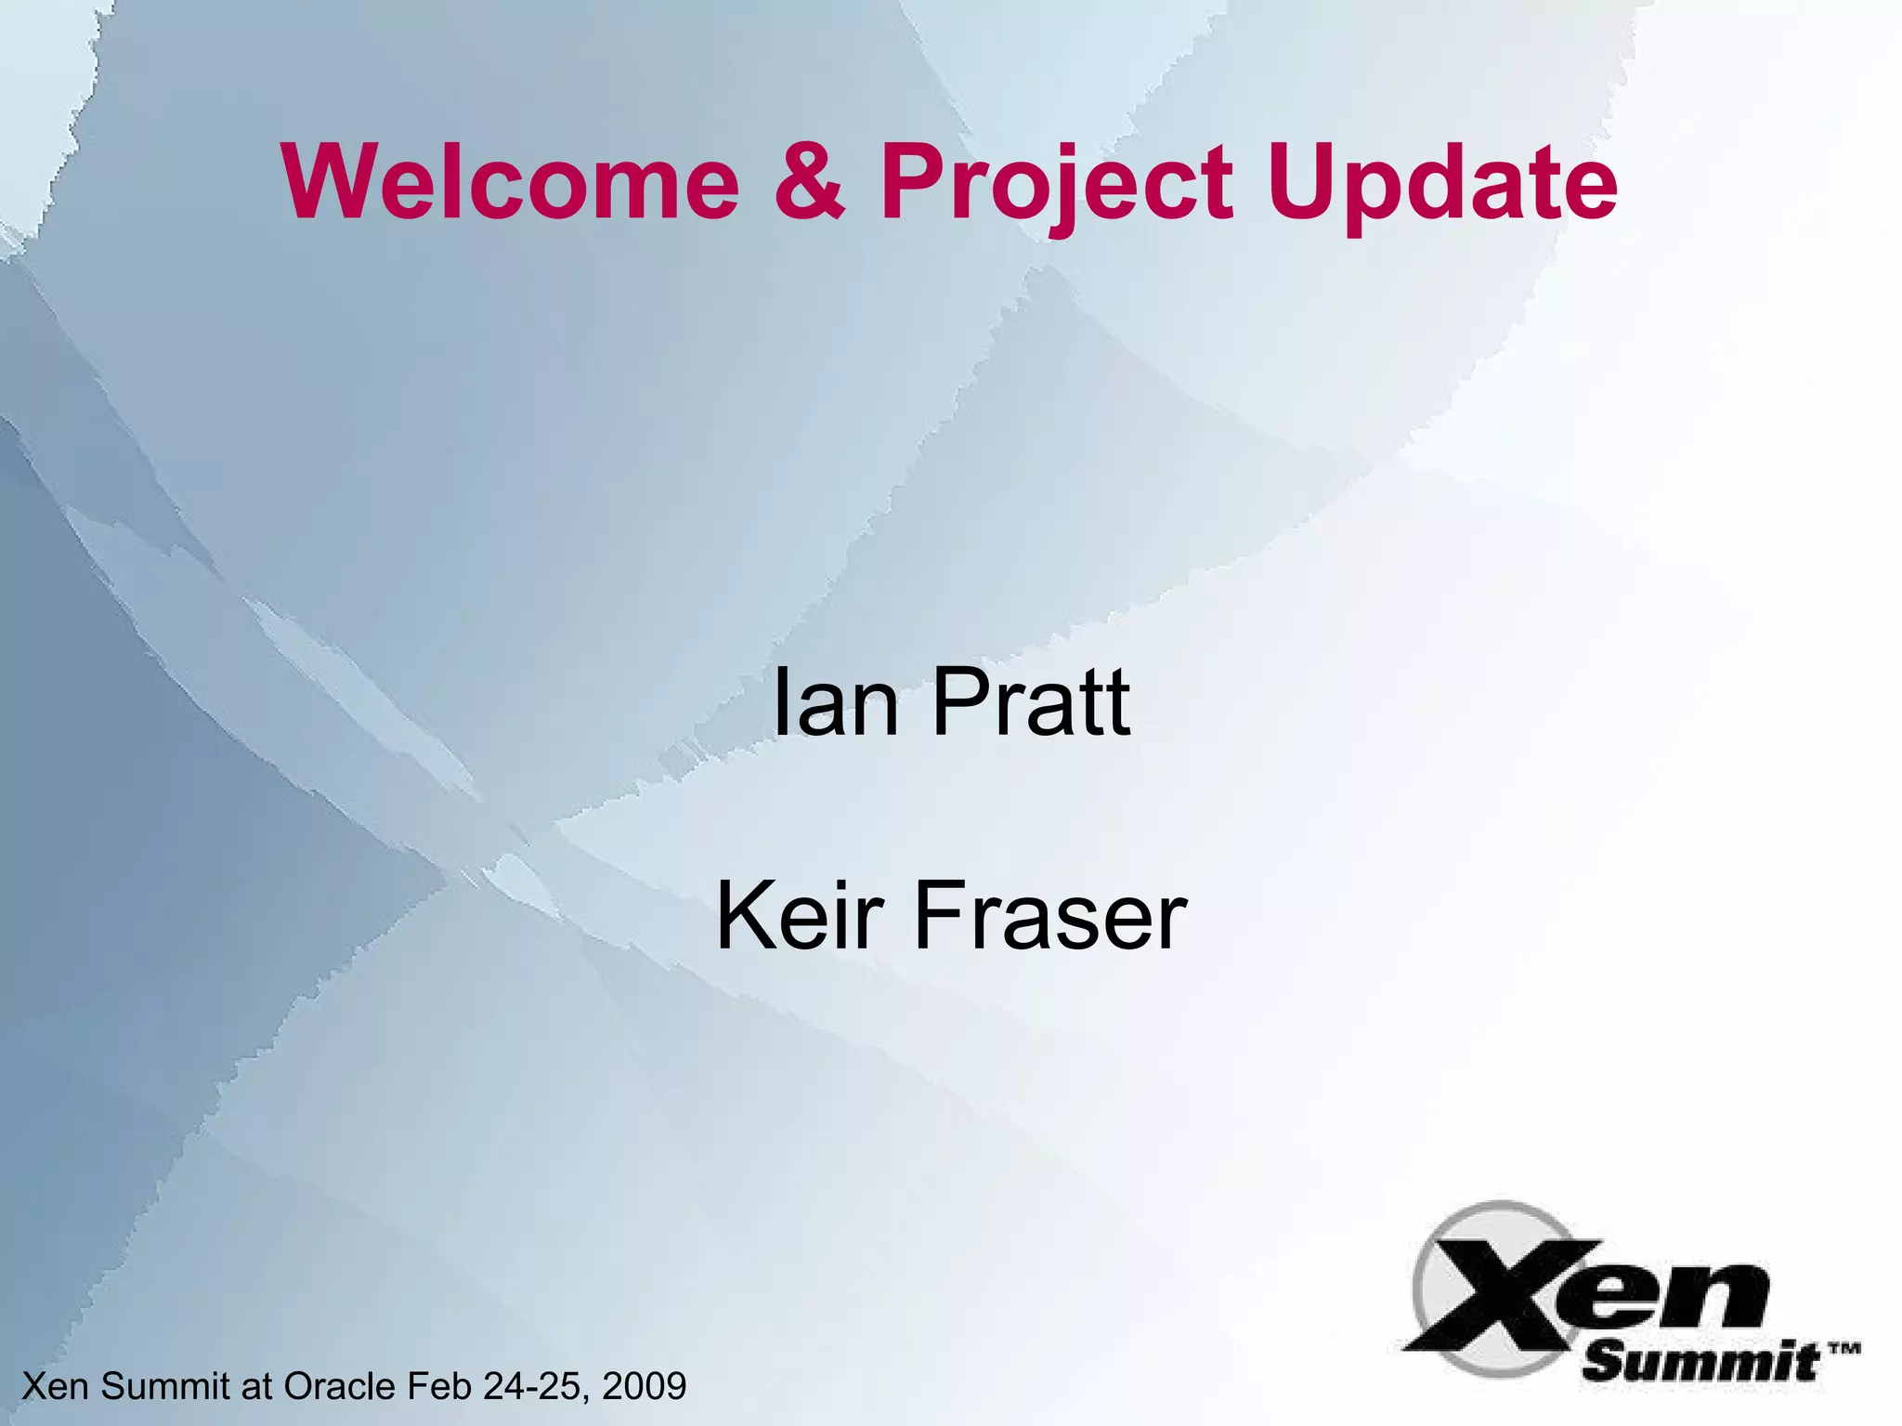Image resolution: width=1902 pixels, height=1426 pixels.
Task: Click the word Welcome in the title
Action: pos(512,182)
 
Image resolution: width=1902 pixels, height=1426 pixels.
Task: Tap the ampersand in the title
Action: pos(810,182)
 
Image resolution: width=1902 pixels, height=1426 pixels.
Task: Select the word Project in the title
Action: pos(1057,184)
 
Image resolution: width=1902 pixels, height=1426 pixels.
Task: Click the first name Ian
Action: pos(835,703)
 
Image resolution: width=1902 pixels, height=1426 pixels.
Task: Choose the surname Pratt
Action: pos(1031,703)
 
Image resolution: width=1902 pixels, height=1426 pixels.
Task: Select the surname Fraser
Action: pos(1050,917)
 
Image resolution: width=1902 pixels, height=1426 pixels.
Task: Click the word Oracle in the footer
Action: pos(340,1386)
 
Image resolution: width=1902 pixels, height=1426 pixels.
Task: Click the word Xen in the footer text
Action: pos(57,1386)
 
